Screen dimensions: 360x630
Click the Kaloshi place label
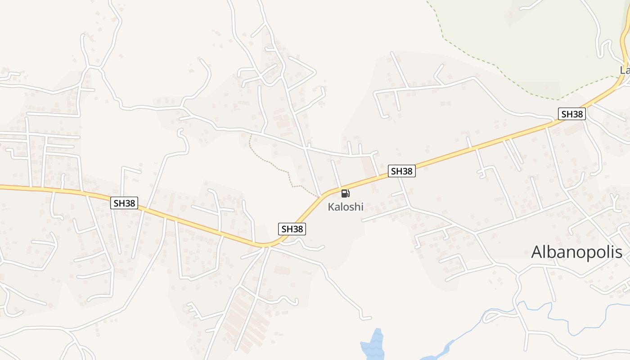(345, 207)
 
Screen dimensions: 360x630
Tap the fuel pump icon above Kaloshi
(345, 194)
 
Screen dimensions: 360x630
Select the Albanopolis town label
(576, 252)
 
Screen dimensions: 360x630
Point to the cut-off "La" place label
(625, 70)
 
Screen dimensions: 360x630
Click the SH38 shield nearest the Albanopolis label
(572, 114)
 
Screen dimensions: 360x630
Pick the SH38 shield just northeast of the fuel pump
(401, 171)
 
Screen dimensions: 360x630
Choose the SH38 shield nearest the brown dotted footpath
(292, 229)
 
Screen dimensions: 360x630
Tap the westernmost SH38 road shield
(124, 203)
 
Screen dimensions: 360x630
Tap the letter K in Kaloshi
(331, 207)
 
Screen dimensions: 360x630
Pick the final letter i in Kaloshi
(361, 207)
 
